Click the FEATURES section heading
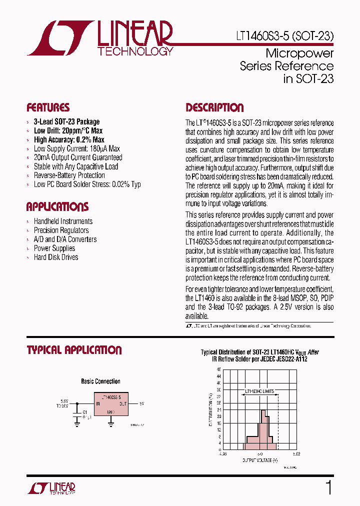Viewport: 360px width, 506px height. click(48, 107)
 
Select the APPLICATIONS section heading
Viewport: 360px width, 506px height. click(57, 207)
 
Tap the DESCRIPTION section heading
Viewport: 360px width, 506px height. click(214, 107)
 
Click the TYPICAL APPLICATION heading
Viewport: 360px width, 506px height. click(74, 350)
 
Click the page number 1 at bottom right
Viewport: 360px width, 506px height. click(328, 487)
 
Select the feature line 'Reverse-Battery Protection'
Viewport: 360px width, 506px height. click(69, 175)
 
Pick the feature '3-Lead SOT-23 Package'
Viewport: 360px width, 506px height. click(66, 121)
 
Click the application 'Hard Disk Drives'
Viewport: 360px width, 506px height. click(56, 257)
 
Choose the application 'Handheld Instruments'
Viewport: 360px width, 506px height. click(63, 221)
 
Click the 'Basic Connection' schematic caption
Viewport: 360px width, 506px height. click(100, 381)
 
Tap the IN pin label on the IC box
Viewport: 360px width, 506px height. click(98, 403)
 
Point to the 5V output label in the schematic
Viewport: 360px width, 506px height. click(141, 403)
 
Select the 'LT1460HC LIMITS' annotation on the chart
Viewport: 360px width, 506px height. click(259, 392)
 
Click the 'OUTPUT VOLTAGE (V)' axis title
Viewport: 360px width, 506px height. click(260, 459)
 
